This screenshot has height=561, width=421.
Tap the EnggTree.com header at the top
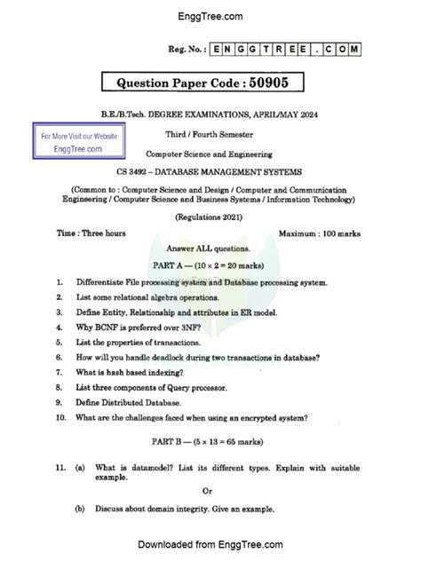pos(210,15)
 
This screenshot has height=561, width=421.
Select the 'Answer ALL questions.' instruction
pos(210,249)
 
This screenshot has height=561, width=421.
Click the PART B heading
pos(210,440)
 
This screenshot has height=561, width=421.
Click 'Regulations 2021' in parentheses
pos(210,216)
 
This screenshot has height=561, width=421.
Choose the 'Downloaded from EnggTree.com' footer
pos(210,544)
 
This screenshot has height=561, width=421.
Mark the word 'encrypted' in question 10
pos(258,416)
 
